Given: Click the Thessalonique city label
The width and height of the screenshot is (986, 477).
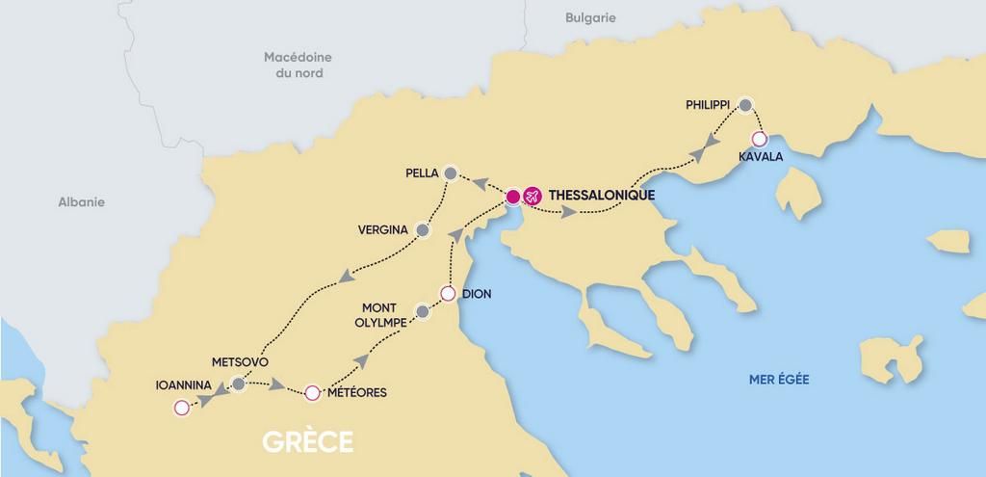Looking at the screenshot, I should click(601, 196).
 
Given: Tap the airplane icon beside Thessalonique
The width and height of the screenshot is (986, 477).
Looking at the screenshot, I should click(532, 197).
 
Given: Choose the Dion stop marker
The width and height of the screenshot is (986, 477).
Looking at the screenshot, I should click(448, 293).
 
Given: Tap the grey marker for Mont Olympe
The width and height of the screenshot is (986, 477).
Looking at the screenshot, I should click(422, 311).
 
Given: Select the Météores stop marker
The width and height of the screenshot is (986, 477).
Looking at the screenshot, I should click(311, 392).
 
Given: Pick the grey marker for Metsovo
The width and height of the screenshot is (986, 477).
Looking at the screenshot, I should click(238, 385).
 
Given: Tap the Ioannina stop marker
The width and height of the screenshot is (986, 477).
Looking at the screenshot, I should click(180, 408).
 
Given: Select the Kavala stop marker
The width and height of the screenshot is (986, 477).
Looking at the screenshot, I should click(759, 138).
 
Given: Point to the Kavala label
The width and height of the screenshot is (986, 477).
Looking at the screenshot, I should click(761, 156).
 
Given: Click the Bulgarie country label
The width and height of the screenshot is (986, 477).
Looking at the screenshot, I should click(591, 18).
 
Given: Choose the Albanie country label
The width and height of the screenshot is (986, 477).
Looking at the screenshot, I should click(81, 202).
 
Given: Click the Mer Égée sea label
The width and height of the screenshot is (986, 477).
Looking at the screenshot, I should click(779, 380).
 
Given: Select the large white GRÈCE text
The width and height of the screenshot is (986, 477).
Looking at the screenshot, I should click(307, 442).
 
